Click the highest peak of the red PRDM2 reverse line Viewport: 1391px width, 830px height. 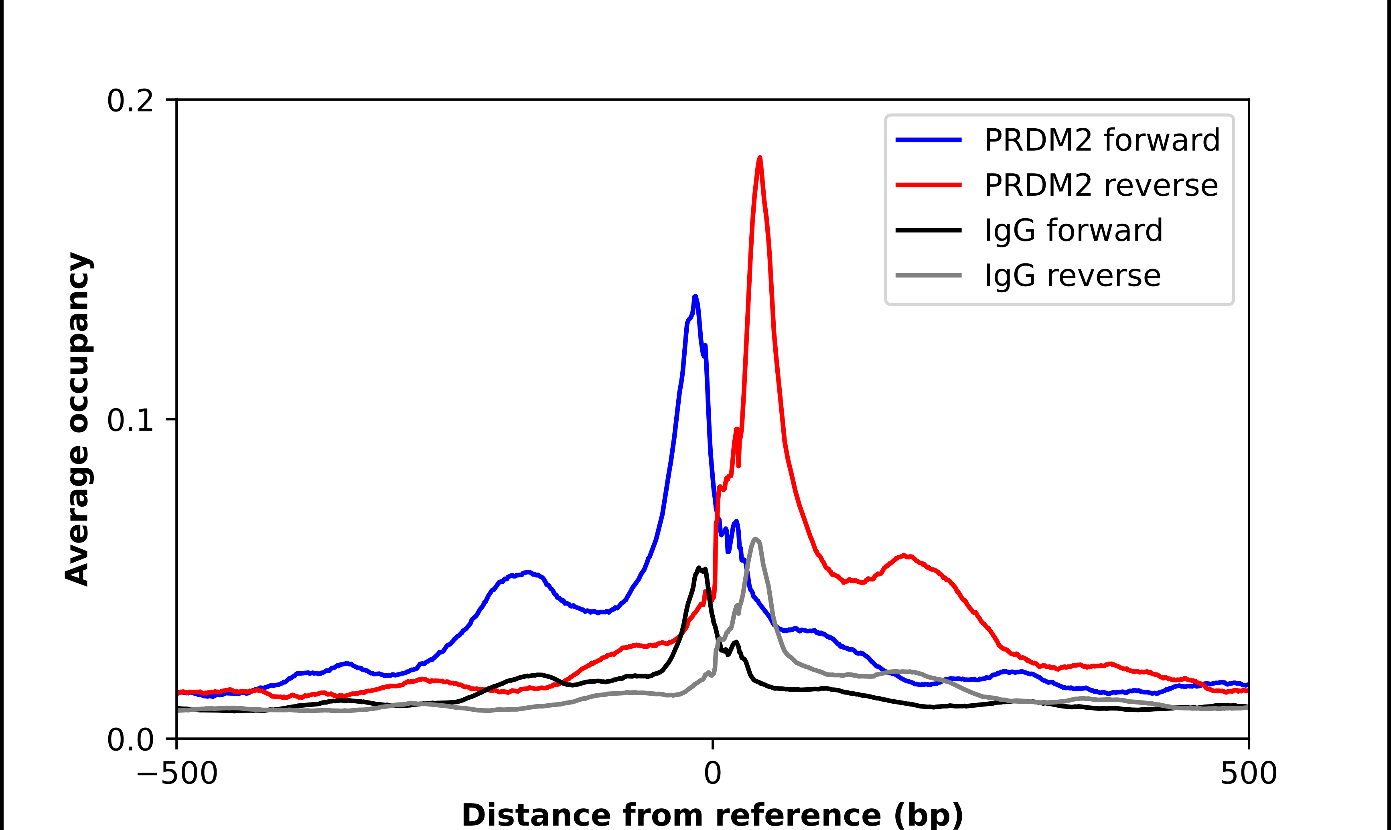[x=760, y=158]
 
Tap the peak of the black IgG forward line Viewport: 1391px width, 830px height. [x=699, y=568]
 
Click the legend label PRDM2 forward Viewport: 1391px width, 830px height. [x=1102, y=140]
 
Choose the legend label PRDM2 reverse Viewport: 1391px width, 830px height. [x=1101, y=185]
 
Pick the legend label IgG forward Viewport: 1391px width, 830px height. [x=1073, y=231]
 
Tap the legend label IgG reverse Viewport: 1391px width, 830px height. [x=1072, y=276]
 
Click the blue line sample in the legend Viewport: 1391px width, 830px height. [x=929, y=140]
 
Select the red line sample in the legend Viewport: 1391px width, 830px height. [x=929, y=185]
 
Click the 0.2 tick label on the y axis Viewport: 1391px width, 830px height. [x=130, y=101]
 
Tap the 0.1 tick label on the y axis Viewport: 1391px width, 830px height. [x=130, y=421]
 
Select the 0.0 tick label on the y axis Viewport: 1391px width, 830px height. [x=130, y=740]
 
